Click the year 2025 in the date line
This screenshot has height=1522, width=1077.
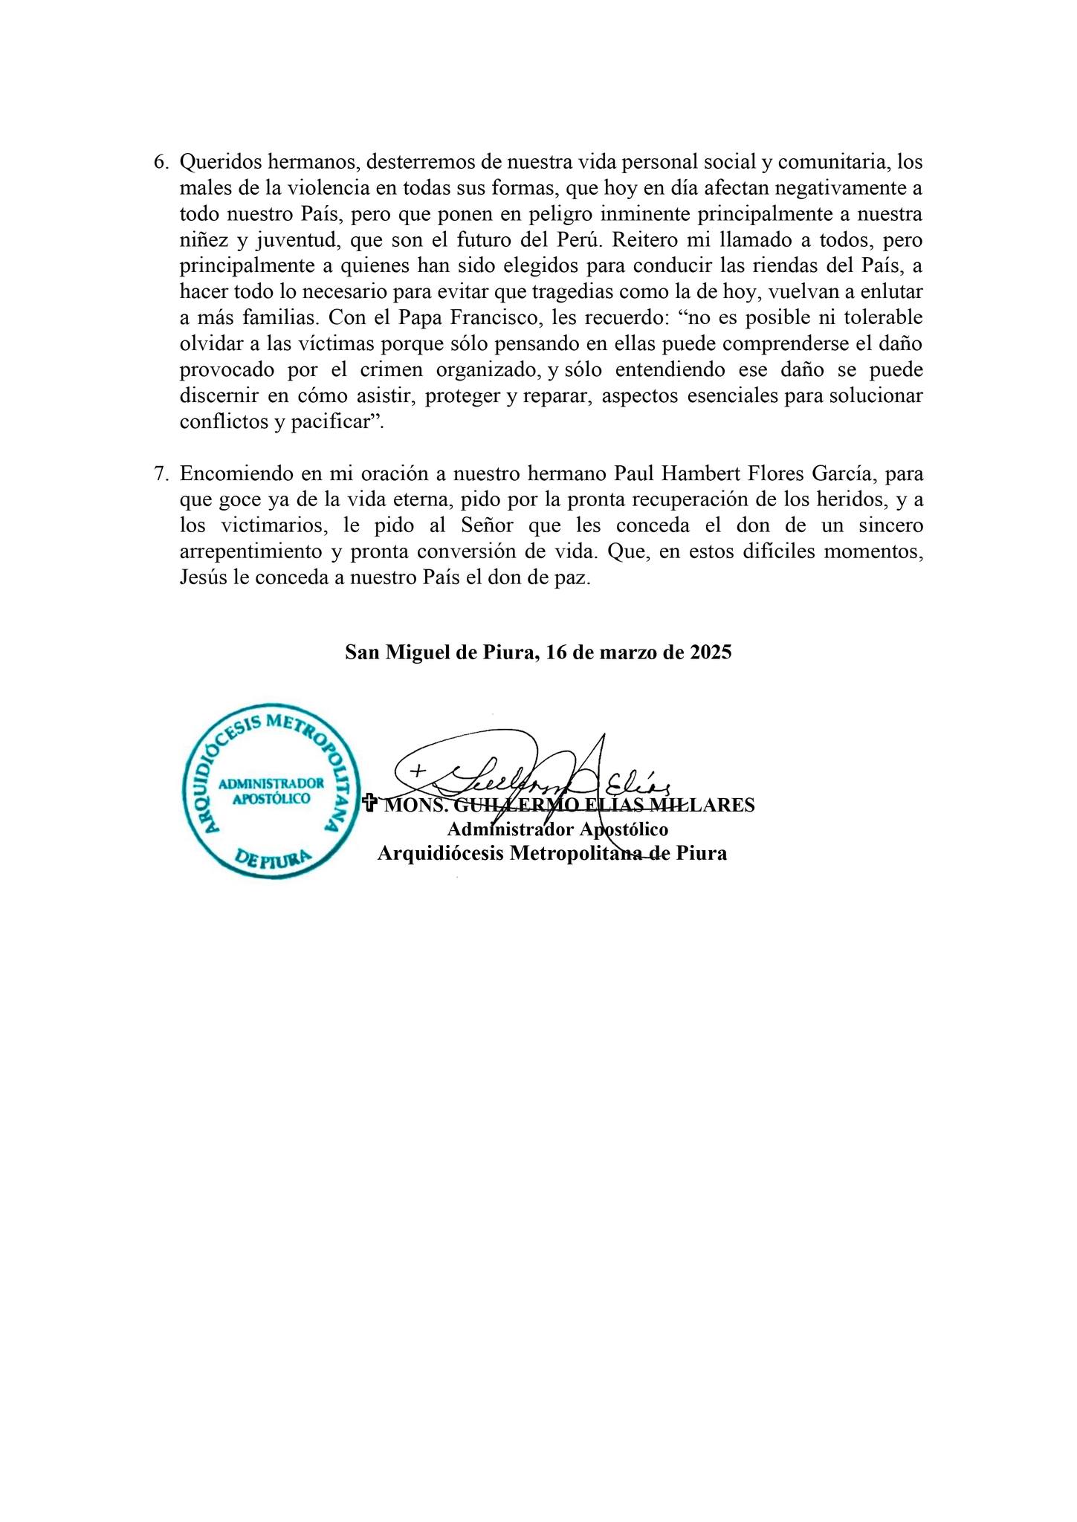[710, 652]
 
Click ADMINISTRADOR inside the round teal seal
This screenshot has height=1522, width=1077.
[271, 783]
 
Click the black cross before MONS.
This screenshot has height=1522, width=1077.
[368, 803]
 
